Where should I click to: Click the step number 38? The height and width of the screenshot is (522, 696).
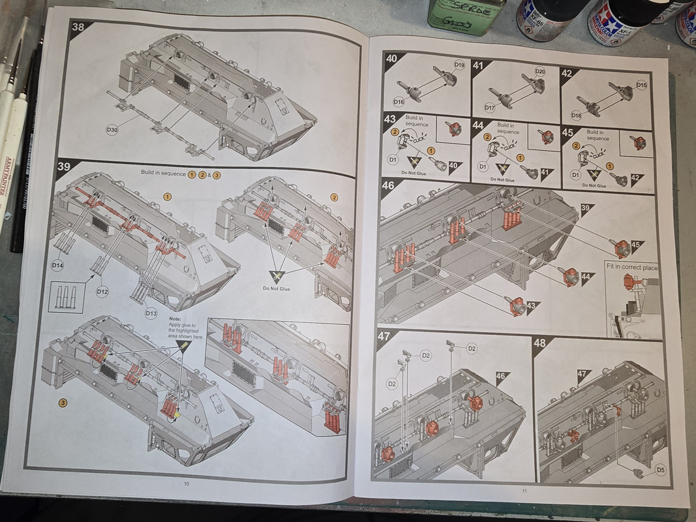[x=78, y=28]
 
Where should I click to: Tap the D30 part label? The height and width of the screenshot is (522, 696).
[x=112, y=130]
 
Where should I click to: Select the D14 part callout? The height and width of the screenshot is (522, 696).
[x=57, y=266]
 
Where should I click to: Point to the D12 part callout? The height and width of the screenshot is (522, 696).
[x=102, y=292]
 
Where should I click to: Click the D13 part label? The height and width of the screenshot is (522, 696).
[x=151, y=313]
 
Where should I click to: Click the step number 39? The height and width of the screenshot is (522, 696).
[x=64, y=167]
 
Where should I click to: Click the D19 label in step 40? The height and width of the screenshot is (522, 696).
[x=459, y=65]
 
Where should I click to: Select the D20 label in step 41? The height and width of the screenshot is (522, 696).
[x=540, y=71]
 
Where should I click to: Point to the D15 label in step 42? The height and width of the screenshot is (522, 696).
[x=641, y=85]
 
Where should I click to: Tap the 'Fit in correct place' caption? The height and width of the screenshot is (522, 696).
[x=632, y=268]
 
